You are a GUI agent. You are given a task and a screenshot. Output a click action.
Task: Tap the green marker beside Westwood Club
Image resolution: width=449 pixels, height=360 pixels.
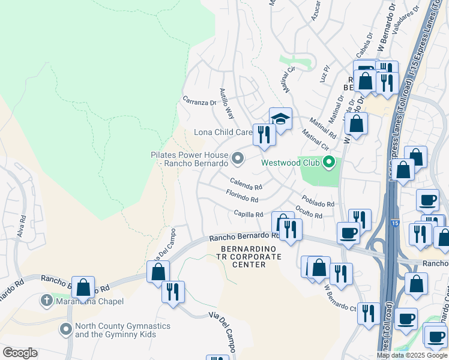tap(328, 162)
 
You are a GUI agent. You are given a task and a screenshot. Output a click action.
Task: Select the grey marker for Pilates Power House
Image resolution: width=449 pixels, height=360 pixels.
tap(238, 158)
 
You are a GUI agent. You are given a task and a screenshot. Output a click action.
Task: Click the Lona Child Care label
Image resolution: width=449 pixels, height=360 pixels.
tap(223, 132)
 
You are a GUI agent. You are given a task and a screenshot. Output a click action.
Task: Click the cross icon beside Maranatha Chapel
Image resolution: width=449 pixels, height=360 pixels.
tap(46, 300)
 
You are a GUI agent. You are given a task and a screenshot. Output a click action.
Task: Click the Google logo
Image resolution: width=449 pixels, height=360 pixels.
tap(20, 353)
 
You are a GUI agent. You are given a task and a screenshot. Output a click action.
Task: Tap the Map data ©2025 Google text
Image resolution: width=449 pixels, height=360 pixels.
tap(412, 355)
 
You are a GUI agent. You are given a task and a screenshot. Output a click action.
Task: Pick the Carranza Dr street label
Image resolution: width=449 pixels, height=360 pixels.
tap(199, 102)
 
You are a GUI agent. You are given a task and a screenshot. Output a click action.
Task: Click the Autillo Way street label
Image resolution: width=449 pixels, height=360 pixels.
tap(226, 103)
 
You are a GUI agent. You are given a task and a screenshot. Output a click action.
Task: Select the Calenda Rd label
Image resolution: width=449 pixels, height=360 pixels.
tap(246, 183)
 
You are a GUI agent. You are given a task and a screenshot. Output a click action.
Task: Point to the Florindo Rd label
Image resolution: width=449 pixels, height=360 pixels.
tap(242, 196)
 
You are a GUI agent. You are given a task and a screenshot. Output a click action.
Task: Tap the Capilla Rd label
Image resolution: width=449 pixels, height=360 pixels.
tap(249, 214)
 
